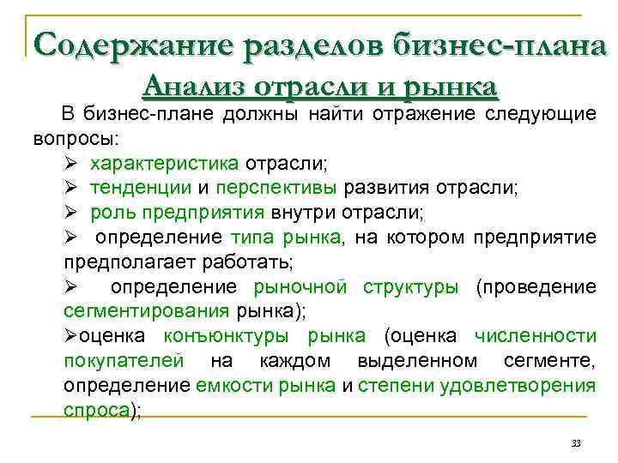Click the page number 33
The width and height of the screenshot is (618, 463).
pyautogui.click(x=576, y=442)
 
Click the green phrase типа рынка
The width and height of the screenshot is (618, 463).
pyautogui.click(x=286, y=237)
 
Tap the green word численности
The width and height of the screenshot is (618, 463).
pyautogui.click(x=536, y=335)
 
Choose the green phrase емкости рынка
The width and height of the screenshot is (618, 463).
pyautogui.click(x=265, y=385)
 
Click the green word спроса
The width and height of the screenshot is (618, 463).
pyautogui.click(x=96, y=410)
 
